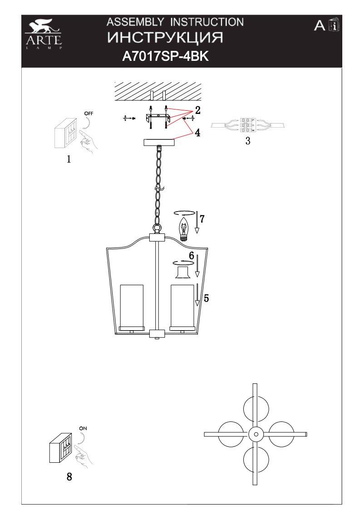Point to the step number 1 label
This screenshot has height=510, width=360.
coord(69,159)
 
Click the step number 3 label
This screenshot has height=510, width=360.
coord(248,141)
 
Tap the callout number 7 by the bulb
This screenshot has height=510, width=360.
coord(202,218)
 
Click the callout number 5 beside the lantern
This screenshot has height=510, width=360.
coord(206,298)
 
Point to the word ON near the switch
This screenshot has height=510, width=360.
coord(83,428)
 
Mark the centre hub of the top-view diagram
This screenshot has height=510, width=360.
coord(256,434)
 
